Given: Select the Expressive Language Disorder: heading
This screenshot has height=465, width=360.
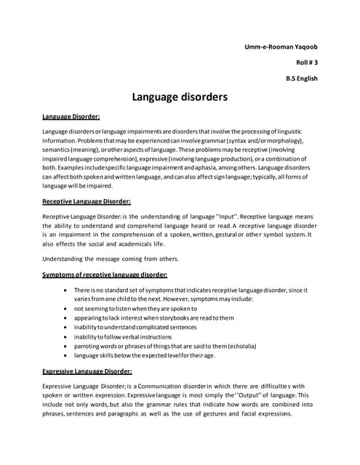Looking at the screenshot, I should [87, 371].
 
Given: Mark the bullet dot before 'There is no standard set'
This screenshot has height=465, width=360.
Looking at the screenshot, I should [67, 290].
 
